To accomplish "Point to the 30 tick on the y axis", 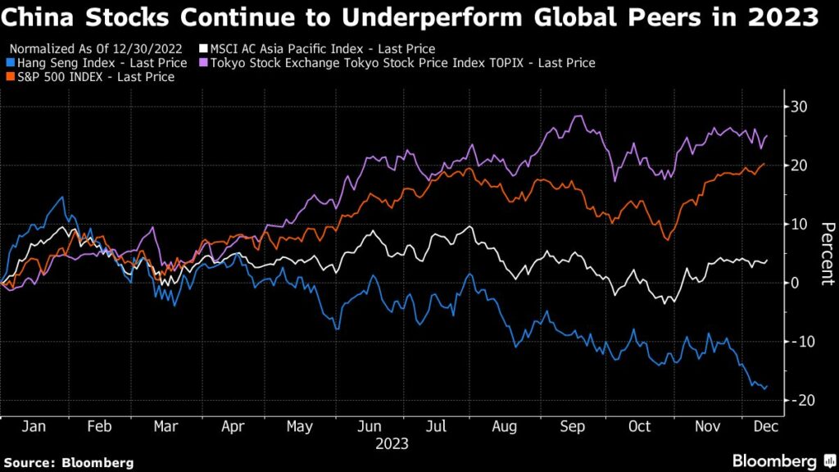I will click(799, 107).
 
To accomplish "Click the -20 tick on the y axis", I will click(795, 400).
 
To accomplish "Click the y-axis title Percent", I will click(827, 253).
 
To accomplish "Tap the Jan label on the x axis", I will click(33, 427).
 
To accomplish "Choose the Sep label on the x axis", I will click(573, 427).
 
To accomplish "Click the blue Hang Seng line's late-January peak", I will click(61, 197).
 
